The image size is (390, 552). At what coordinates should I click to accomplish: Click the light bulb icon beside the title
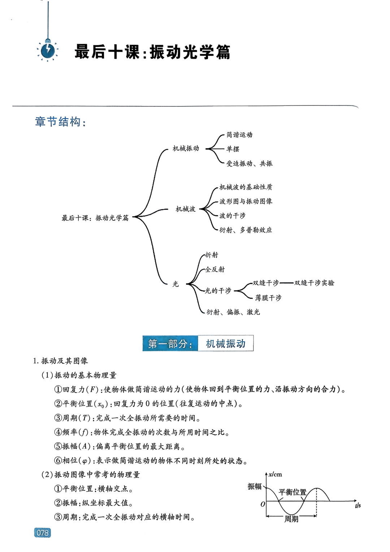[48, 51]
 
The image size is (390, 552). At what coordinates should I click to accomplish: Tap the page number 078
[43, 532]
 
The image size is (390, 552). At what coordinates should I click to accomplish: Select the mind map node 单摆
[233, 149]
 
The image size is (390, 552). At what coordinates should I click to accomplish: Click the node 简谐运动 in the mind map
[239, 135]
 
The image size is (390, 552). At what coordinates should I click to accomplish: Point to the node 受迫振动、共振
[249, 164]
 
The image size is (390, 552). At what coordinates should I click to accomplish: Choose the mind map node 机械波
[185, 209]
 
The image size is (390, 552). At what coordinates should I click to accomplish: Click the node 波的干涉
[232, 216]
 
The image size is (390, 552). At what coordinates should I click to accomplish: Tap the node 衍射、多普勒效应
[246, 230]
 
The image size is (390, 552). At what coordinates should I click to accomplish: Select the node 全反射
[215, 269]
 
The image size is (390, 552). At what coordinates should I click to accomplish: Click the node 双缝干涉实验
[314, 283]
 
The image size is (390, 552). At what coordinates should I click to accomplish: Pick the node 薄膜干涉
[268, 298]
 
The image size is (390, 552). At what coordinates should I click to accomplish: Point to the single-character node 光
[175, 284]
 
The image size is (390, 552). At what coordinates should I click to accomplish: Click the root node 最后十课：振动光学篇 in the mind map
[95, 218]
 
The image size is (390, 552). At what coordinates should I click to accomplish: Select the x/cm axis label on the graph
[275, 474]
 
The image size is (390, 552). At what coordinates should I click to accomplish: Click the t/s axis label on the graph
[358, 505]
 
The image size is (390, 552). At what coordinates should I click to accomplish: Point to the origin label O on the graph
[263, 504]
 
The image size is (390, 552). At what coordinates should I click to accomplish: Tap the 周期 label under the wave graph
[291, 519]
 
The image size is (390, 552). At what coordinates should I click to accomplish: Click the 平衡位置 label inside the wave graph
[292, 492]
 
